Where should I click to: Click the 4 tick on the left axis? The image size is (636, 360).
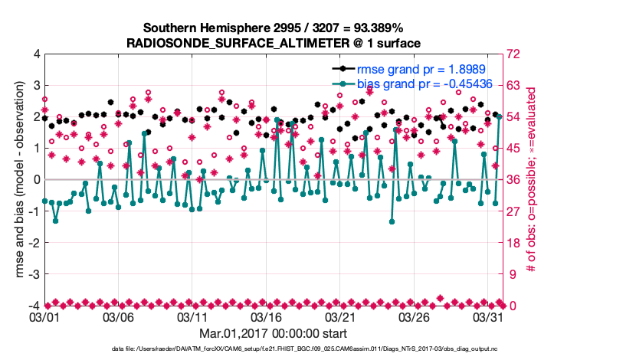tap(36, 54)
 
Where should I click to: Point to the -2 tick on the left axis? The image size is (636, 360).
tap(34, 243)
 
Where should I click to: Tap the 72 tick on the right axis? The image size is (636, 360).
tap(513, 54)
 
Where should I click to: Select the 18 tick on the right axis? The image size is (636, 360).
tap(513, 243)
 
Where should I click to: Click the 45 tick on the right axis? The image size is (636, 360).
tap(513, 149)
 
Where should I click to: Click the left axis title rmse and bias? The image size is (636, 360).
tap(13, 179)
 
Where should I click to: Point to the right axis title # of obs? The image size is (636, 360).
tap(531, 179)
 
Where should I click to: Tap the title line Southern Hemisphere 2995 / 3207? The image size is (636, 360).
tap(274, 28)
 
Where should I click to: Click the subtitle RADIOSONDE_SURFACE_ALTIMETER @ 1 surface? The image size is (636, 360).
tap(274, 43)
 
